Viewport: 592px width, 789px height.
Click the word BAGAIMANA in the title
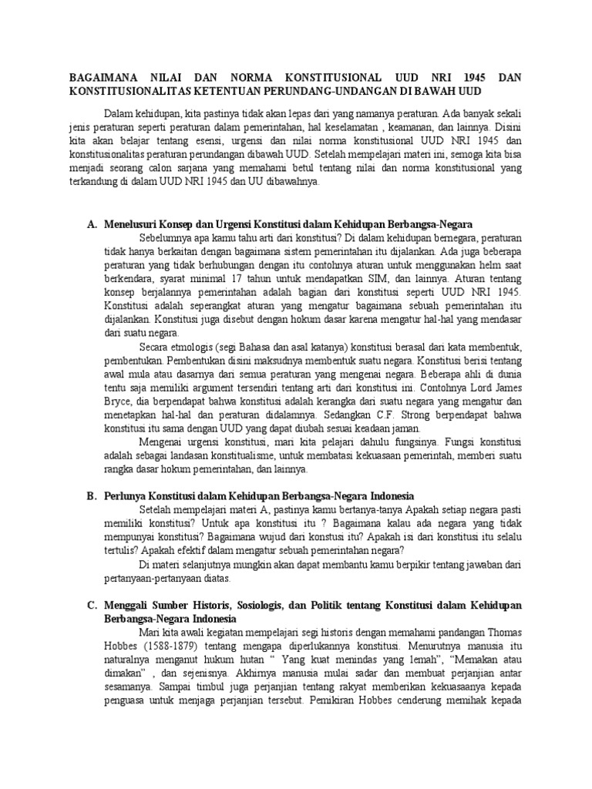(99, 79)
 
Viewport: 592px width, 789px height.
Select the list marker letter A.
(91, 224)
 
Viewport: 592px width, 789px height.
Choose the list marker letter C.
(91, 605)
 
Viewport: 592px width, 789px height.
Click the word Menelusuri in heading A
(132, 224)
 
